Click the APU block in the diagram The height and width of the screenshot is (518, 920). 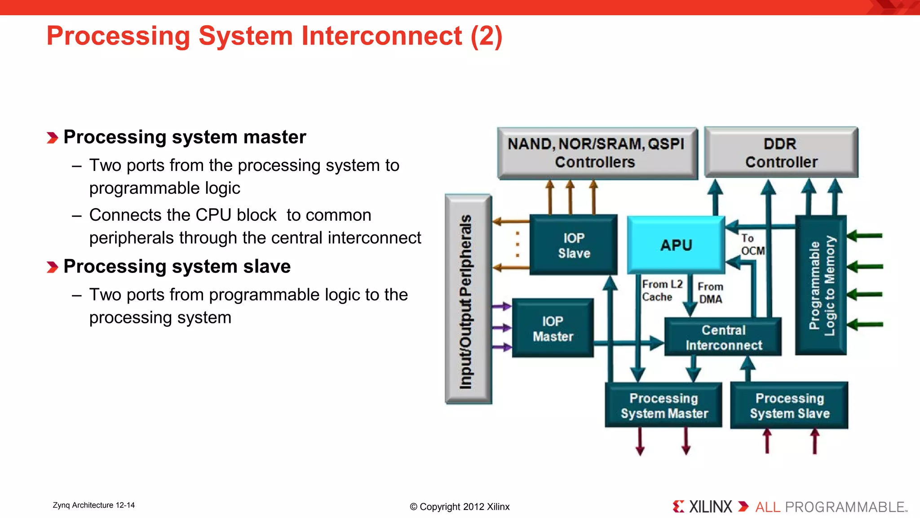point(676,245)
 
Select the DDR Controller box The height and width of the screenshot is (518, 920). point(781,153)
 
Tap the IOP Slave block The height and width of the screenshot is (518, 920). point(574,245)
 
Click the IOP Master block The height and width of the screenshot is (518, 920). point(553,329)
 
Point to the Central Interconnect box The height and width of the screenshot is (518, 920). point(723,337)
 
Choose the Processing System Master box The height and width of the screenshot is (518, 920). point(663,406)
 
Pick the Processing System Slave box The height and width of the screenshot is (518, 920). point(789,406)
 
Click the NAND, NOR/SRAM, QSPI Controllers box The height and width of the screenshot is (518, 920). point(597,153)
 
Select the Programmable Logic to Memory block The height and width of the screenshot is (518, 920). point(821,286)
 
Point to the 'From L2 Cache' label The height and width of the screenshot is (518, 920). point(661,290)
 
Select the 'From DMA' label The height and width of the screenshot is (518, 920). point(710,293)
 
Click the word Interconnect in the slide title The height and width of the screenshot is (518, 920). point(381,36)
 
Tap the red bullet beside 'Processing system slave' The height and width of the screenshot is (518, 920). point(52,268)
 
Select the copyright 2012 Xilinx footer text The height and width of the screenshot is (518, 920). point(460,507)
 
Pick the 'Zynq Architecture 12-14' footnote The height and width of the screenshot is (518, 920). point(93,505)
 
